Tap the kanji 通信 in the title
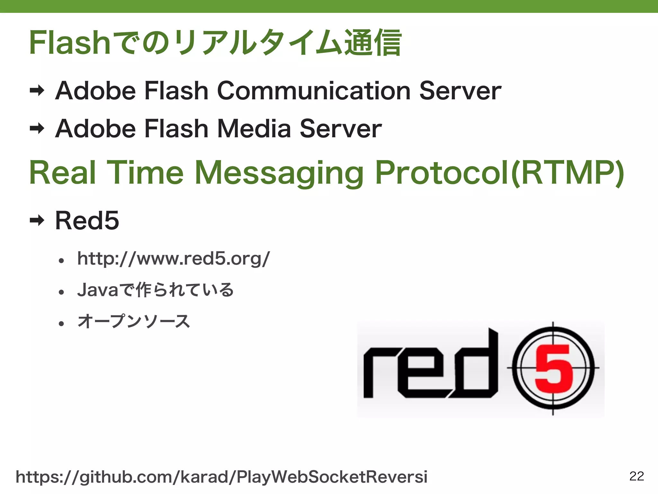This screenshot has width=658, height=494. [373, 43]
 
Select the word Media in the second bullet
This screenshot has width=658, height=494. [254, 129]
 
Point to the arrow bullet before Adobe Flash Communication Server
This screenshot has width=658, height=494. [37, 91]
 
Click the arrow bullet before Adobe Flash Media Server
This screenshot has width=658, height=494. [37, 129]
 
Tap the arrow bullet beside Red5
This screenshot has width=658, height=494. [37, 221]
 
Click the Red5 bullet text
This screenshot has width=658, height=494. [87, 221]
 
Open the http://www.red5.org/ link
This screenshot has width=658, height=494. [173, 259]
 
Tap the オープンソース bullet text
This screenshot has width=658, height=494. [134, 321]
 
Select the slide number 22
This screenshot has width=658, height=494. [636, 476]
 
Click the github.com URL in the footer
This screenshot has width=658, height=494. [221, 477]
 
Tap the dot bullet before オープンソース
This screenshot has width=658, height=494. [61, 323]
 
